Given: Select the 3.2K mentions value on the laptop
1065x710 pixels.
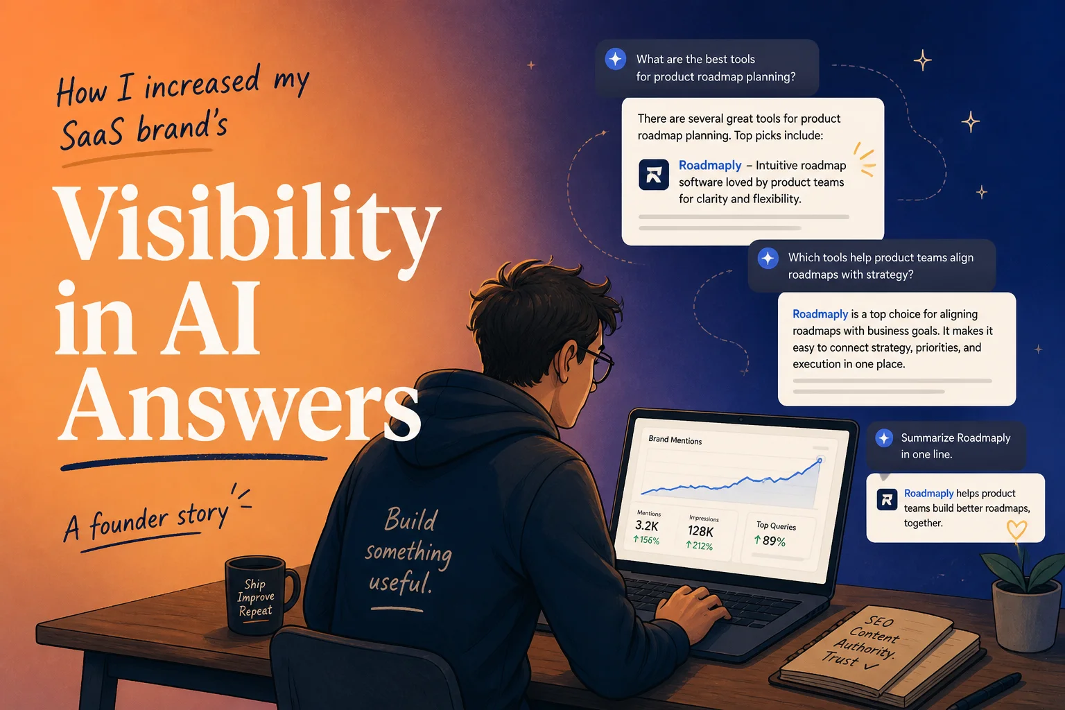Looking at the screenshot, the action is (x=647, y=526).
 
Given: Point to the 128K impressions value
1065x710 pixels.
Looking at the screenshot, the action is (x=701, y=531).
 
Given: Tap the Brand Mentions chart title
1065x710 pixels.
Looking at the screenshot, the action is (x=675, y=440).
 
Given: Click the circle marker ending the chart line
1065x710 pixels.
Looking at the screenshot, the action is (x=820, y=460).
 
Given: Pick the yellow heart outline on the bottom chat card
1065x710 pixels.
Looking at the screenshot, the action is (x=1016, y=530).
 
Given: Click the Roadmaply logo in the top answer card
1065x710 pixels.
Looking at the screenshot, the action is (x=654, y=175).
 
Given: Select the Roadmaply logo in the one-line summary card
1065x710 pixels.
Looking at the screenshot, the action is (x=887, y=500).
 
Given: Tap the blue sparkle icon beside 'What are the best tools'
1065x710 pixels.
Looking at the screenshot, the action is (x=615, y=59).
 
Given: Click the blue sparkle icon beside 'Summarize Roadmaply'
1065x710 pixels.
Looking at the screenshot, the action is (x=884, y=438).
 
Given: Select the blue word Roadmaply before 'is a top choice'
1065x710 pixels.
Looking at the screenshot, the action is (x=820, y=314).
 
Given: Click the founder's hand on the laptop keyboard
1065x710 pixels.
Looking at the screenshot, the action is (x=694, y=605).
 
